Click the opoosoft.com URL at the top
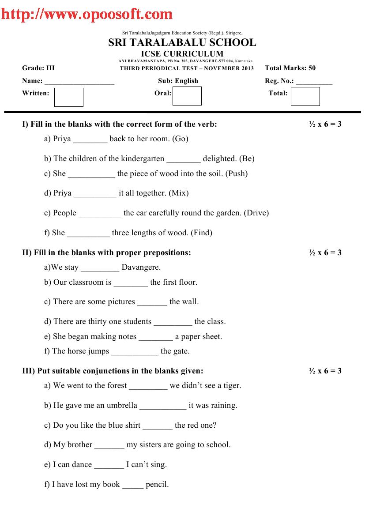click(x=87, y=14)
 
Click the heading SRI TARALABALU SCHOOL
click(x=182, y=43)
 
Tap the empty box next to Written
click(x=68, y=97)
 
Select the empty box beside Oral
click(x=187, y=96)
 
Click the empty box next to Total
click(x=305, y=96)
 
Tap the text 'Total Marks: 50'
click(x=290, y=68)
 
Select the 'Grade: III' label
click(x=38, y=68)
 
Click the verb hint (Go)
click(x=180, y=139)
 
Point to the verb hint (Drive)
click(x=256, y=213)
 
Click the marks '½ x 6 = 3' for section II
click(x=325, y=252)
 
